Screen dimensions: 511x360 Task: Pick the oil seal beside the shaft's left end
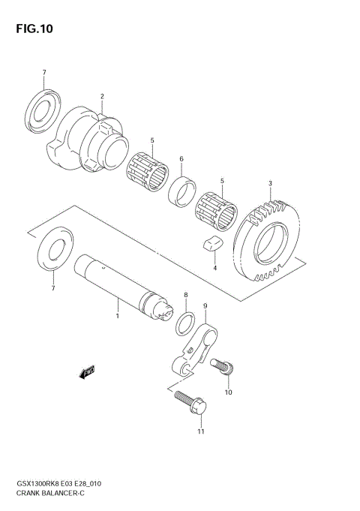[52, 254]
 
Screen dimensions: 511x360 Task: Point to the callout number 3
[270, 183]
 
